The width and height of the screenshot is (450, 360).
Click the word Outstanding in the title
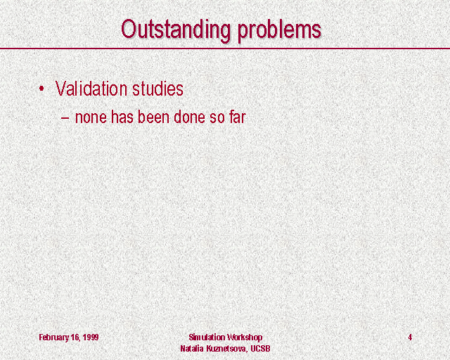(x=176, y=30)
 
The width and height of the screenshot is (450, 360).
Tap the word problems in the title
(x=280, y=30)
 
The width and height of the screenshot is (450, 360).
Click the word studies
(x=157, y=89)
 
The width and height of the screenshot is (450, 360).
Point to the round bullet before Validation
(x=42, y=89)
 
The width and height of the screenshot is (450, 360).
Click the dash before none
(x=65, y=117)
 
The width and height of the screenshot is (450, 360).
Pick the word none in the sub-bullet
(x=91, y=117)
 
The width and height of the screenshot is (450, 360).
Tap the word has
(x=122, y=117)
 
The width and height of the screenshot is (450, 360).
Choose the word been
(x=153, y=117)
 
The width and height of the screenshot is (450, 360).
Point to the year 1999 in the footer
(x=91, y=337)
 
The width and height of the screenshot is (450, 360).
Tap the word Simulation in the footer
(x=207, y=337)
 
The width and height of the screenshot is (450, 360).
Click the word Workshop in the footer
(x=245, y=337)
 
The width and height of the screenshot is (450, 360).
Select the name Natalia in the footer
(x=192, y=348)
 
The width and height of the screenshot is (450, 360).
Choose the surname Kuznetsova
(x=226, y=349)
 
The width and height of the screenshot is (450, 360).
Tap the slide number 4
(x=410, y=337)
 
